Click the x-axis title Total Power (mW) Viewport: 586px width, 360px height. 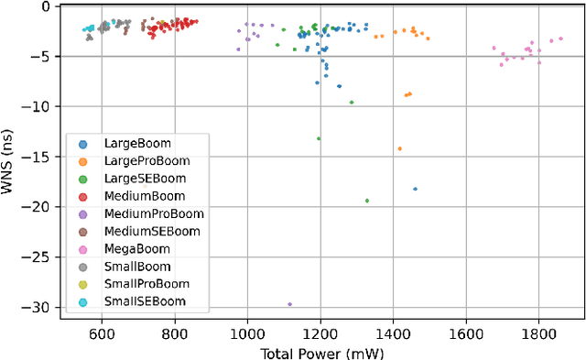pyautogui.click(x=321, y=353)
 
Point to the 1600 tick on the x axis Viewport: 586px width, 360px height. pyautogui.click(x=465, y=334)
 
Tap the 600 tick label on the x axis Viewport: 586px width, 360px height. pyautogui.click(x=103, y=334)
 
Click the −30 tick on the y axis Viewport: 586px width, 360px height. pyautogui.click(x=40, y=308)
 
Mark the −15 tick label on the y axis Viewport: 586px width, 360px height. pyautogui.click(x=40, y=157)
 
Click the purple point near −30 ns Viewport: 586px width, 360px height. pyautogui.click(x=290, y=304)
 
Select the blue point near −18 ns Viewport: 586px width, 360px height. pyautogui.click(x=415, y=189)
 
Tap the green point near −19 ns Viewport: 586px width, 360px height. pyautogui.click(x=367, y=201)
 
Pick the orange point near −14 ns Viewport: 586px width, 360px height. pyautogui.click(x=399, y=148)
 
